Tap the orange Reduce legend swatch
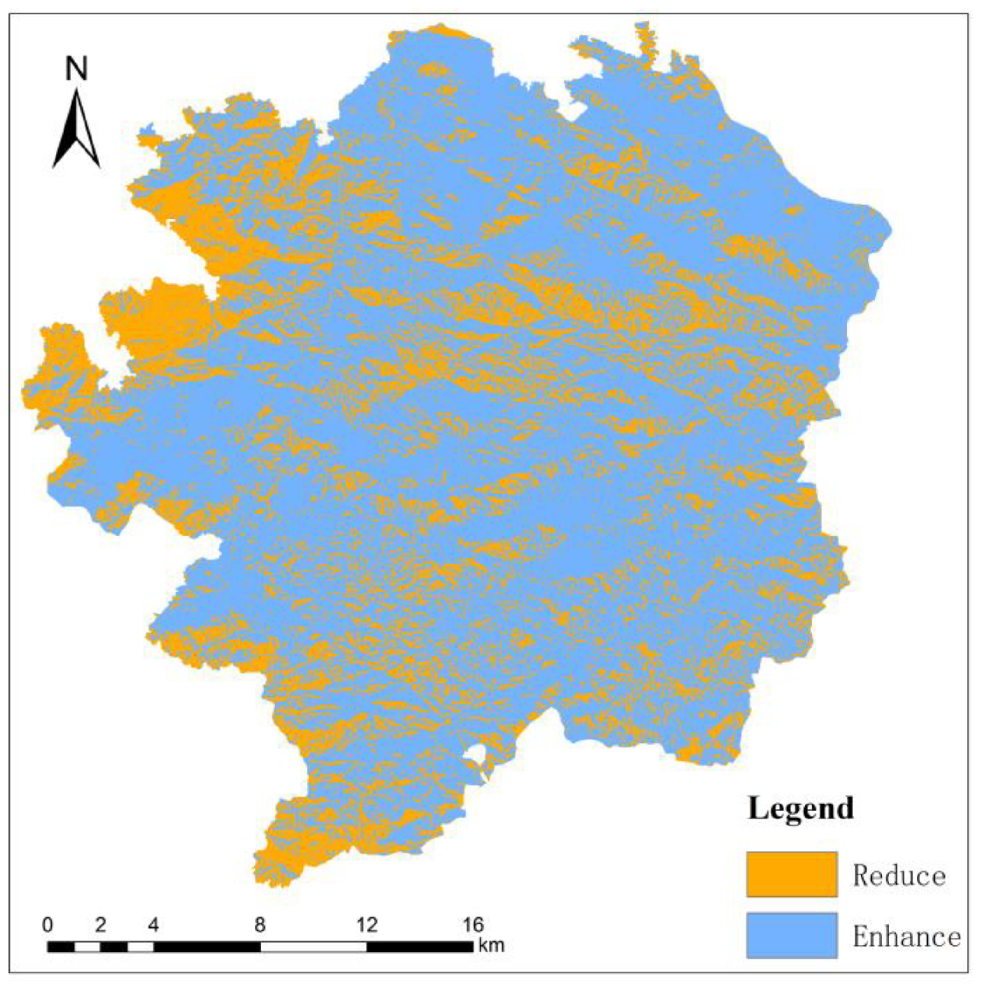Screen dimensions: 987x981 (791, 874)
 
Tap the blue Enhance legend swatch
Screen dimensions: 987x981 (791, 935)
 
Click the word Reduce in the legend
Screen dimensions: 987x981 (899, 875)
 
